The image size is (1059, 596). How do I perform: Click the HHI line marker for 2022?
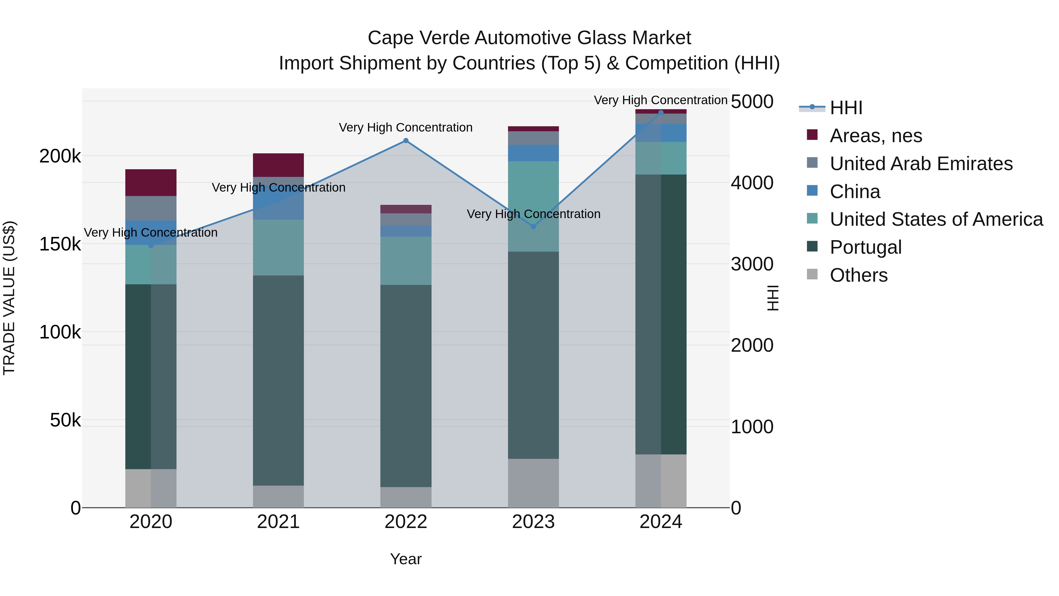406,141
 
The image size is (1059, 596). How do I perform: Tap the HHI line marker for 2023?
533,227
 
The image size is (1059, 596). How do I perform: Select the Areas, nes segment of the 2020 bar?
151,182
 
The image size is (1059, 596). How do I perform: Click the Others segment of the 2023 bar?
533,483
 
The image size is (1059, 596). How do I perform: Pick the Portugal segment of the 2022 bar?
406,386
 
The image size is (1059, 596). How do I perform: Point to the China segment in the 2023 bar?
533,153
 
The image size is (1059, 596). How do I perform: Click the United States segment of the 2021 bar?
278,247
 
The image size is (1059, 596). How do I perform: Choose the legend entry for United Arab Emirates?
921,164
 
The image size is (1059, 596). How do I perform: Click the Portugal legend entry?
865,247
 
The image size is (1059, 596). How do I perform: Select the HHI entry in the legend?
846,108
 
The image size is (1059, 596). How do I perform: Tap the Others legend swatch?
812,274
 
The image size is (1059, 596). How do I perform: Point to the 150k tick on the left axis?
60,244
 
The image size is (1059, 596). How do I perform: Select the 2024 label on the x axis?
661,522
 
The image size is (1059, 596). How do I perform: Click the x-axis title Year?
406,559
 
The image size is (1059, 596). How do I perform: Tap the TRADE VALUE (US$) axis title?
9,298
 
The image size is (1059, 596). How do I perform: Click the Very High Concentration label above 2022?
406,127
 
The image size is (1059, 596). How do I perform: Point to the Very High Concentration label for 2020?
151,233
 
